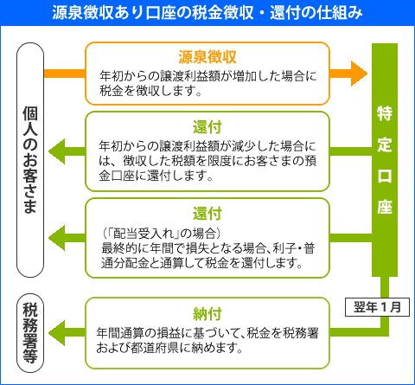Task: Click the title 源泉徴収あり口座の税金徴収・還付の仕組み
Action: pyautogui.click(x=207, y=13)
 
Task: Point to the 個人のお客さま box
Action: pyautogui.click(x=29, y=159)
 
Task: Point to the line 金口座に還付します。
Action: pyautogui.click(x=156, y=176)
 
